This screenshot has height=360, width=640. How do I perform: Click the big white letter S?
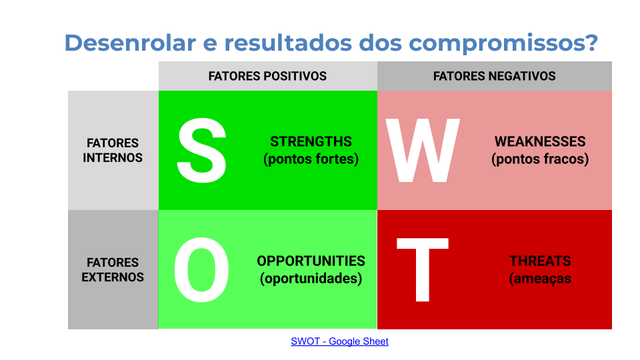201,150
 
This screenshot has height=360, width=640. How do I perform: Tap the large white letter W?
423,150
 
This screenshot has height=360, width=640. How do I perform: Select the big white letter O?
201,269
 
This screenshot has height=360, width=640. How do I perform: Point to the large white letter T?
423,269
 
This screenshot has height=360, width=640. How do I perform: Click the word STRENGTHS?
311,141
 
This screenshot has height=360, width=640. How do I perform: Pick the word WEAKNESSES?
540,141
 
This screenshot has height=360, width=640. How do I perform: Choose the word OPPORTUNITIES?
311,261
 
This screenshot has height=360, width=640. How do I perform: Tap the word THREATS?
540,261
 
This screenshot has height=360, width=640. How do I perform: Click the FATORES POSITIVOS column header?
267,76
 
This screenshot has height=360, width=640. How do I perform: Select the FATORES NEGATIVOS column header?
494,76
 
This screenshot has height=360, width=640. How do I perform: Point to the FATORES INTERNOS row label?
113,150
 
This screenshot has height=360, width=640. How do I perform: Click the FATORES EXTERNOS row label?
113,269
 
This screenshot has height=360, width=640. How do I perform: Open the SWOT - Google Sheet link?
339,341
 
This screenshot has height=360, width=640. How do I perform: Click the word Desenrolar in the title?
130,43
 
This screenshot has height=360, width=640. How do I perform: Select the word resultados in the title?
288,43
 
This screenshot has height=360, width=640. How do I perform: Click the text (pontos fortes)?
311,159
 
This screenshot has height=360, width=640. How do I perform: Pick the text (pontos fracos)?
540,159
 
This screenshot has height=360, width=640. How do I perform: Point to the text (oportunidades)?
311,279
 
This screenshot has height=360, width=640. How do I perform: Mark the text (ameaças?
540,279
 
